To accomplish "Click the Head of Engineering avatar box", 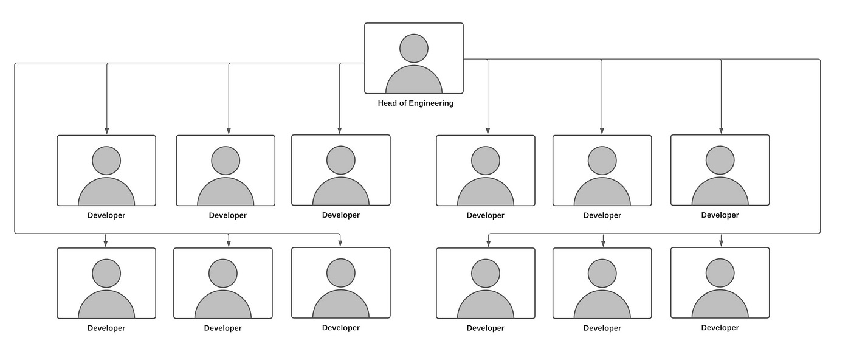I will click(413, 58).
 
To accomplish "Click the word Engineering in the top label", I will click(431, 103).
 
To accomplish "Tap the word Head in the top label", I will click(388, 103).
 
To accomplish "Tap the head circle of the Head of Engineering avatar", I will click(414, 48).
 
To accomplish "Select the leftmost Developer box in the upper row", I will click(106, 170).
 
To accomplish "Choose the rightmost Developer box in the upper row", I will click(720, 170).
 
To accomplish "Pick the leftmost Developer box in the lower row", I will click(106, 283).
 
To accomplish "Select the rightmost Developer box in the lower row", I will click(720, 282).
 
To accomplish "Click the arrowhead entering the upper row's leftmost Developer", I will click(107, 131).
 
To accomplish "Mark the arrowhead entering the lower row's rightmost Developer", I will click(722, 243).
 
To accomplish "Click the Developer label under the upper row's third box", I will click(341, 215).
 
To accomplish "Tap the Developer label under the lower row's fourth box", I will click(486, 328).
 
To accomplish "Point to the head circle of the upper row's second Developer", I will click(226, 161).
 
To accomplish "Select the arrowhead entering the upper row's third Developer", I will click(340, 130).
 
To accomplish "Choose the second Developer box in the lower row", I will click(223, 283).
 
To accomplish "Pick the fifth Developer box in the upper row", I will click(602, 170).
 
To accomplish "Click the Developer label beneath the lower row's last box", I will click(720, 328).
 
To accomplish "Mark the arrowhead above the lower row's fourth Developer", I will click(488, 243).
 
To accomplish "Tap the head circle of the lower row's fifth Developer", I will click(602, 274).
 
